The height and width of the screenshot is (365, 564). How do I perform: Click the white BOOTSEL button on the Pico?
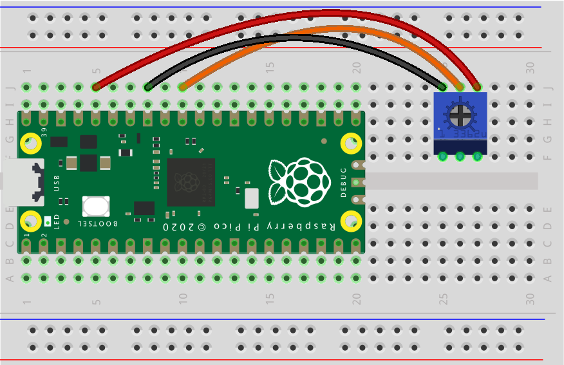96,207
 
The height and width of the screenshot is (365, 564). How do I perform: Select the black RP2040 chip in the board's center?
191,182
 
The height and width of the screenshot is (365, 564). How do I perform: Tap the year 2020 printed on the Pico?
178,228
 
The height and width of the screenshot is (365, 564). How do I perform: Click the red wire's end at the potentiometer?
477,86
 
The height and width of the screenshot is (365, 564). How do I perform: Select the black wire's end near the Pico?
148,86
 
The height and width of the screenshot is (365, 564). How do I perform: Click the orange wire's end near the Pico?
183,86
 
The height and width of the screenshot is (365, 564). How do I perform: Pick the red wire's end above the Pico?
96,86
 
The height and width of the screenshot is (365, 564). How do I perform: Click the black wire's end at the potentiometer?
443,86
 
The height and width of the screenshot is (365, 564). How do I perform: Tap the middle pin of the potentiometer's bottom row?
460,156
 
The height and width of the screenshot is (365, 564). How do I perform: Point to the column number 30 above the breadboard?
530,66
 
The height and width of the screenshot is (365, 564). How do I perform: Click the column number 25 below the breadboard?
443,299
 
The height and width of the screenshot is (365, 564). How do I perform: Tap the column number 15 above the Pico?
270,66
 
